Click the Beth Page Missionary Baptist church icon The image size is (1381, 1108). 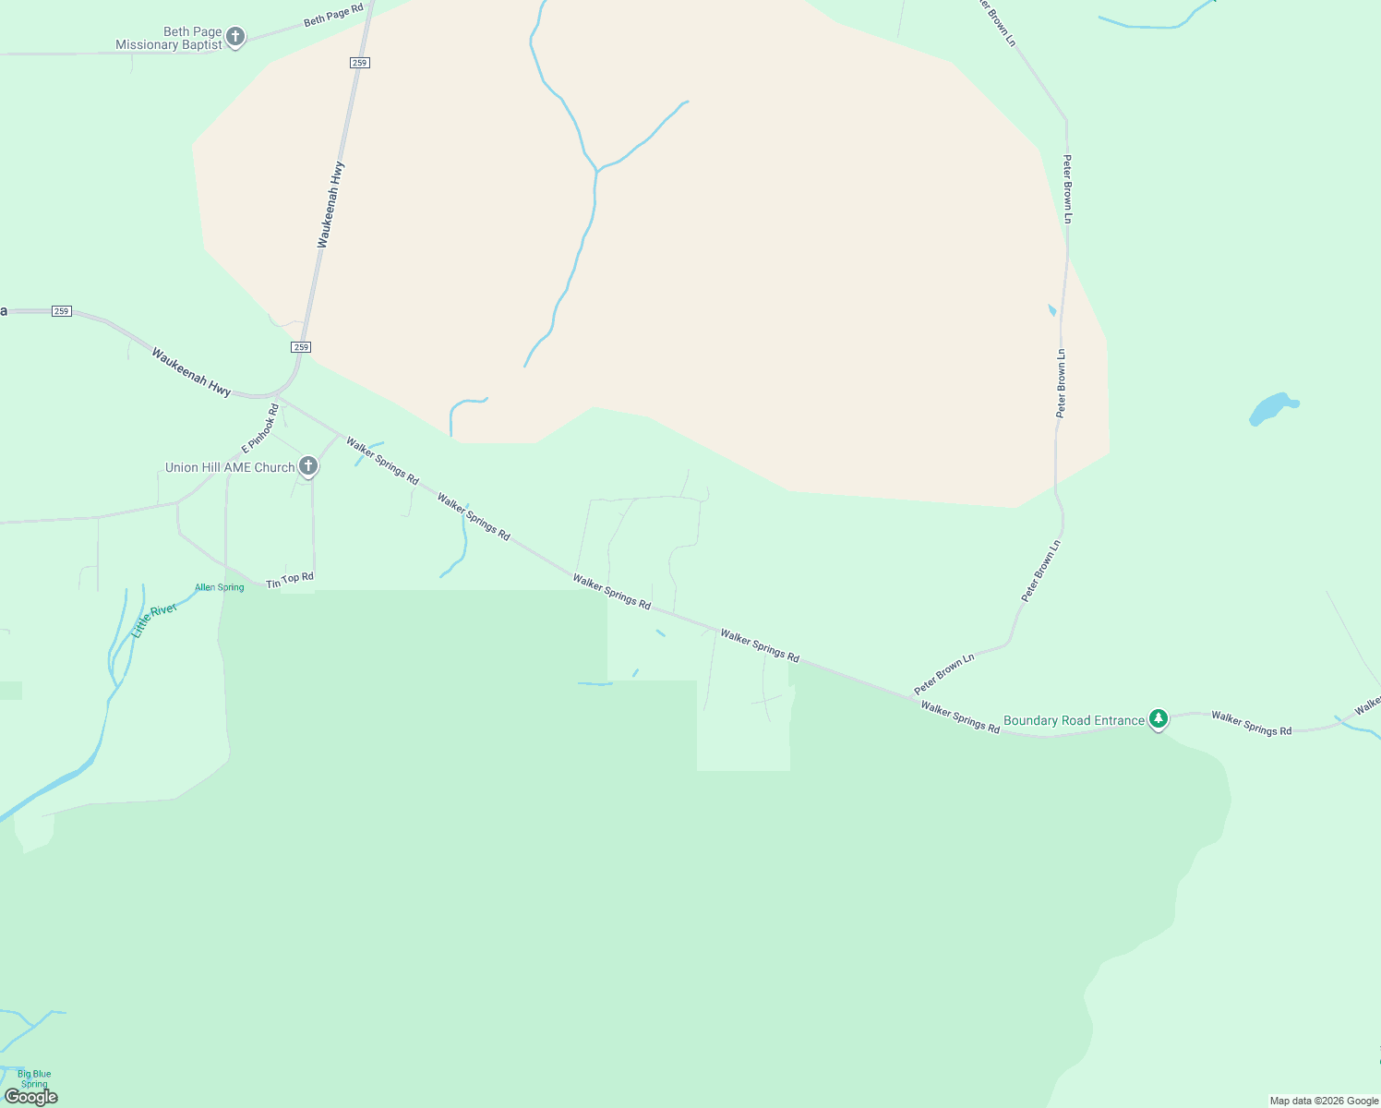tap(235, 37)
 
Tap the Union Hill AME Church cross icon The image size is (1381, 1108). tap(308, 467)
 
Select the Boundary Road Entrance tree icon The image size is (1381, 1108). tap(1159, 719)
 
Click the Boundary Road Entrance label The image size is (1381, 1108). tap(1074, 720)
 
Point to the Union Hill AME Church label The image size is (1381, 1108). tap(230, 467)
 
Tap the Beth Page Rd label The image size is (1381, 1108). tap(333, 15)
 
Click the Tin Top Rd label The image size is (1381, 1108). tap(290, 580)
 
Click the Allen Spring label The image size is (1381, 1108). tap(220, 587)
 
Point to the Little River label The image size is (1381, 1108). tap(154, 620)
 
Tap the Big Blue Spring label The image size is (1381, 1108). tap(34, 1078)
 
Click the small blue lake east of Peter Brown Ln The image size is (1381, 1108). tap(1272, 408)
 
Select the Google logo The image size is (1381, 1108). tap(31, 1096)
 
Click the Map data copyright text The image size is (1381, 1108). tap(1324, 1101)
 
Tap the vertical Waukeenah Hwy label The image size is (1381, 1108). tap(330, 205)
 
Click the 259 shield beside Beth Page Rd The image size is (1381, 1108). tap(360, 63)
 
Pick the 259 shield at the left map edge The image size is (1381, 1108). tap(61, 311)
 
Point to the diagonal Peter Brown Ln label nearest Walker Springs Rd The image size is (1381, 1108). tap(944, 675)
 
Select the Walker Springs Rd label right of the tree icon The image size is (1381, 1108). tap(1251, 723)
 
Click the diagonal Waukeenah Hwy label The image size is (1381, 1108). tap(191, 372)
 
